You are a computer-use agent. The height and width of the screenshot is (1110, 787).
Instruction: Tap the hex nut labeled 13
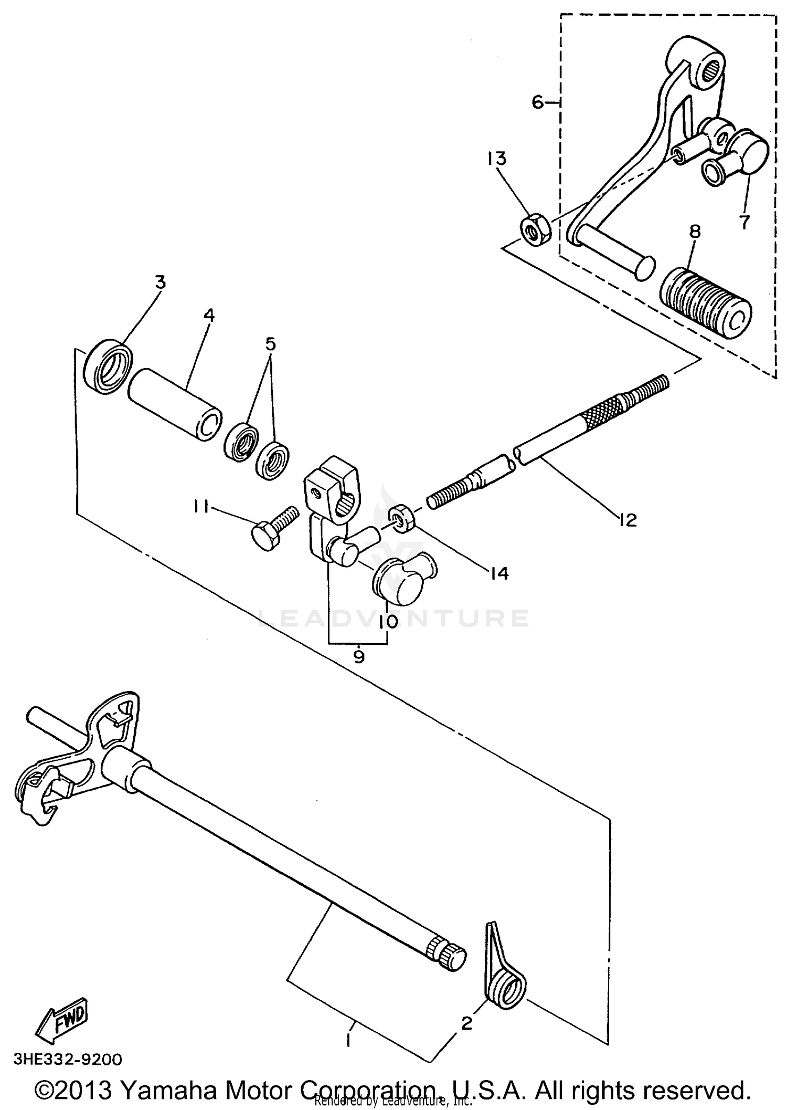pyautogui.click(x=535, y=230)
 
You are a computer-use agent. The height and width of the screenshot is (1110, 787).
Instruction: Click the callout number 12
pyautogui.click(x=626, y=520)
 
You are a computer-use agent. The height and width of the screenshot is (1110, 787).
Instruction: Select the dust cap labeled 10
pyautogui.click(x=405, y=580)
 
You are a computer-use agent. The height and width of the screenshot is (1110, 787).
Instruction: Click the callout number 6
pyautogui.click(x=538, y=102)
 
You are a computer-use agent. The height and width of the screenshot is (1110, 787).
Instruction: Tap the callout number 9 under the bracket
pyautogui.click(x=358, y=656)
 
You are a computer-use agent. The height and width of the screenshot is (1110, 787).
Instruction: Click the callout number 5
pyautogui.click(x=270, y=344)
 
